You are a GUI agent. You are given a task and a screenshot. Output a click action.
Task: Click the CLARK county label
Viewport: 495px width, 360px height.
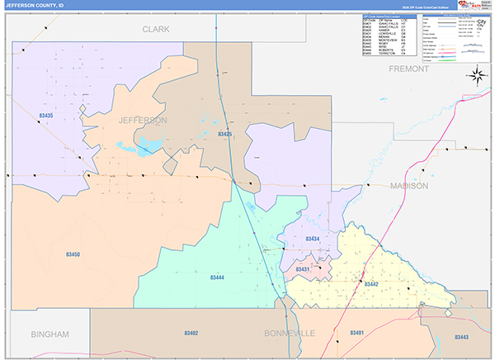[x=155, y=29]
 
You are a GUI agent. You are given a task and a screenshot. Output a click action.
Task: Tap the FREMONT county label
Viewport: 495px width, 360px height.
[x=409, y=69]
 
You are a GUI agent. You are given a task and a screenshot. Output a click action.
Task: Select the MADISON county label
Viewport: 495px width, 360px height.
[x=409, y=187]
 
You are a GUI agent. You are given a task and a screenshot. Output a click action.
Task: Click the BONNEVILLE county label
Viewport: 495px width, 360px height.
[x=290, y=333]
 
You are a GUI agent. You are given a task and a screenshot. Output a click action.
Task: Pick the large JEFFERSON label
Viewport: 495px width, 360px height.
[x=142, y=121]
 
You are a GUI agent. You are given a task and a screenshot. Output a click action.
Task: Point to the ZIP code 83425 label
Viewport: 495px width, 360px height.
[x=225, y=134]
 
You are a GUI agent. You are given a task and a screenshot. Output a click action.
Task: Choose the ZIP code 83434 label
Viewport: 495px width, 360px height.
[x=312, y=239]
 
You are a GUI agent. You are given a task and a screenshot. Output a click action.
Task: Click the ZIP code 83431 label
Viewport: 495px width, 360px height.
[x=302, y=269]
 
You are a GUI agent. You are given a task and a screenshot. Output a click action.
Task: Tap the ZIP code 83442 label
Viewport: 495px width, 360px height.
[x=370, y=283]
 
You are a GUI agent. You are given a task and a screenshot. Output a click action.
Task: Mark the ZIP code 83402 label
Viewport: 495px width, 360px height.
[x=191, y=333]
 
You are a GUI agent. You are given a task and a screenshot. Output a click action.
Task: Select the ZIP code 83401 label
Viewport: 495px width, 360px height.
[x=357, y=332]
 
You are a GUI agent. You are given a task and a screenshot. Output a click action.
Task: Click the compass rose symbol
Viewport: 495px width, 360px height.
[x=477, y=77]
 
